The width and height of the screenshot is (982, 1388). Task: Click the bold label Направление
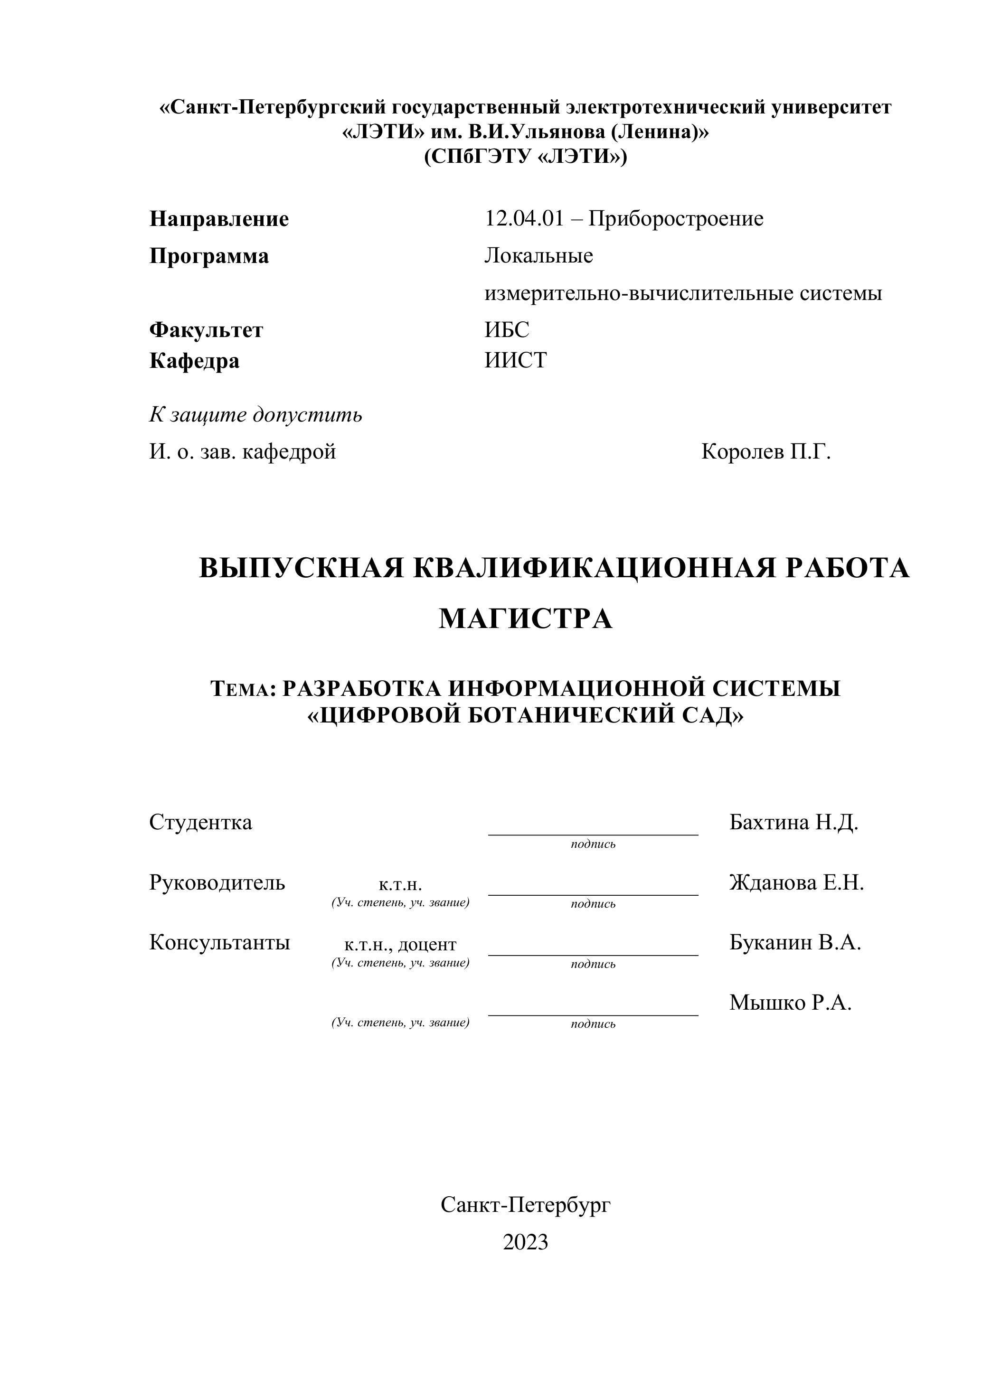pos(219,219)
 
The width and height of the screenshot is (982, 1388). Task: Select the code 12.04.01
pos(524,218)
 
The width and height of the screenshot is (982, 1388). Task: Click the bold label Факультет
pos(206,330)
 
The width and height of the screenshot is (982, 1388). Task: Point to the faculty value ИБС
pos(507,329)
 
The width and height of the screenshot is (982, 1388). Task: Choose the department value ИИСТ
pos(516,360)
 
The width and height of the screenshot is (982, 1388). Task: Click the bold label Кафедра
pos(194,361)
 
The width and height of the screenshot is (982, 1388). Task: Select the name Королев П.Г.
pos(765,451)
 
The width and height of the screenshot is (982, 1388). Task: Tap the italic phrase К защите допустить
pos(256,415)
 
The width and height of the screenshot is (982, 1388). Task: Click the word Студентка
pos(201,822)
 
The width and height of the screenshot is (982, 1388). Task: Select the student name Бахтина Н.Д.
pos(793,822)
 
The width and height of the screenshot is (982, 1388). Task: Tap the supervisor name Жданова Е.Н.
pos(796,882)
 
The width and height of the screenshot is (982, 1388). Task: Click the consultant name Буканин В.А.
pos(794,942)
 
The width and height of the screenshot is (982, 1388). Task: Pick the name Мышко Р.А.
pos(790,1002)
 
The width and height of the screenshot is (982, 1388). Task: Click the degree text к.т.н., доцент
pos(400,944)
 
